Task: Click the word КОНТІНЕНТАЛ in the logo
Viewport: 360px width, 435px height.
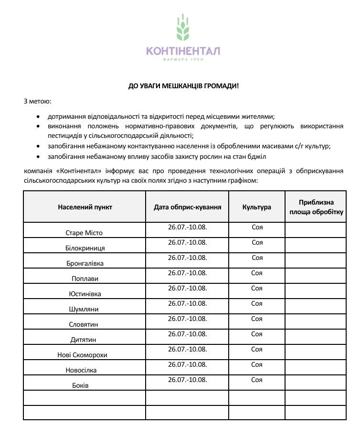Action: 183,51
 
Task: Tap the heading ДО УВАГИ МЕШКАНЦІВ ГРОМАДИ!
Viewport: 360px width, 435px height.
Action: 183,86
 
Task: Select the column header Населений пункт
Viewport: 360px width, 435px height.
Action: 85,207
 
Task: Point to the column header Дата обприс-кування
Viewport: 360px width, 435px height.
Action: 187,207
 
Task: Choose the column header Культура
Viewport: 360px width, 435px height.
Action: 257,207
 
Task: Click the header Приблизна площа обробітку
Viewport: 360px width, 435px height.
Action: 316,207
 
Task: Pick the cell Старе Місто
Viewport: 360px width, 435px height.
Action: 84,233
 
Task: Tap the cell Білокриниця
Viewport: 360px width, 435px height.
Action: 85,248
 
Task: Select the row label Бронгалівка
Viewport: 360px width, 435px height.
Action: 85,263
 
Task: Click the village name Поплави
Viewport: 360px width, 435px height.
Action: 85,279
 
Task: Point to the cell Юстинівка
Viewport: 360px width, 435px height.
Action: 85,294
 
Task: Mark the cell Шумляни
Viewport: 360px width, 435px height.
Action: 84,309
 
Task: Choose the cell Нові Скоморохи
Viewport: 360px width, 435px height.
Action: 84,355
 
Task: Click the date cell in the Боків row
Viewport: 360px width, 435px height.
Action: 187,380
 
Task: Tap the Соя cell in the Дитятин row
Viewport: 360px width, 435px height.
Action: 257,334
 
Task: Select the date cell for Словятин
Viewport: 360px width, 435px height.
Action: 187,319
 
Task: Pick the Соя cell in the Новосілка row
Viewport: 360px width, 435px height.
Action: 257,364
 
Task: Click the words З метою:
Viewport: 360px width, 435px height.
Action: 37,101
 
